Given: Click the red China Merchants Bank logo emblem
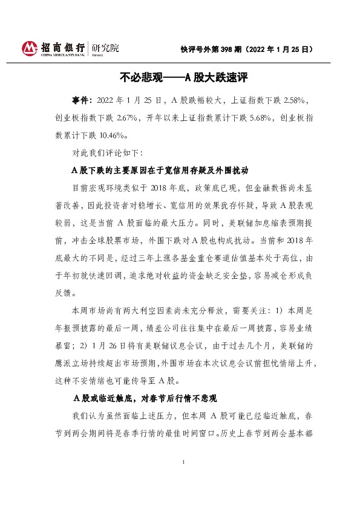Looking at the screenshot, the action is click(31, 47).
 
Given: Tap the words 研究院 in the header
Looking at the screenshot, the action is click(106, 47).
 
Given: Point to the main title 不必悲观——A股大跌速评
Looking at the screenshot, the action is click(184, 77).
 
